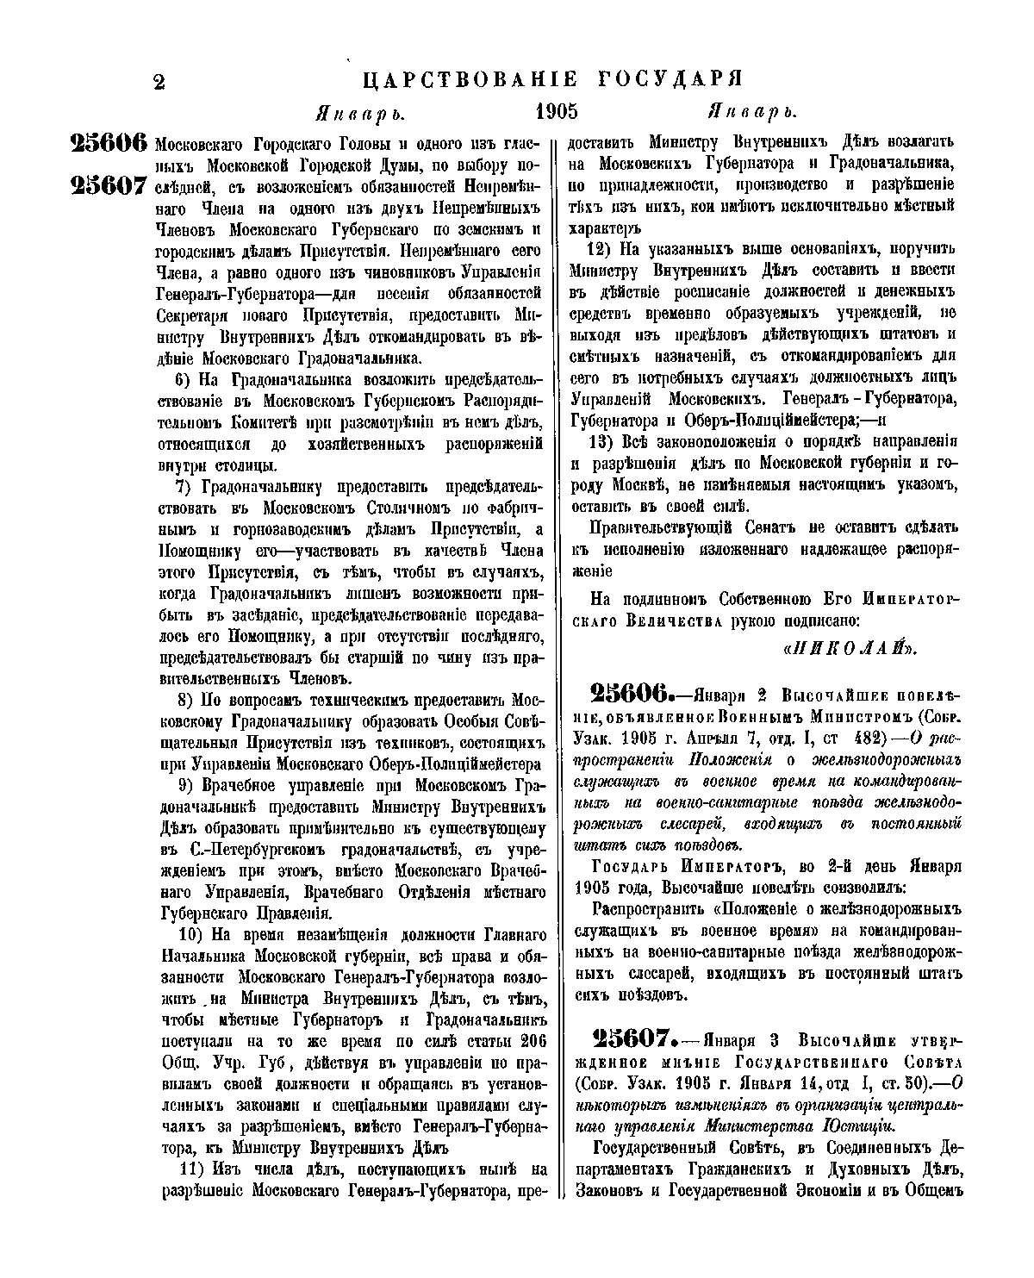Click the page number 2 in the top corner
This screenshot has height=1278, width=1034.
pos(159,82)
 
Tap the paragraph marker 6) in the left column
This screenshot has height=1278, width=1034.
pos(188,381)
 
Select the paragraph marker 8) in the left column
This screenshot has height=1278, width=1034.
pos(188,700)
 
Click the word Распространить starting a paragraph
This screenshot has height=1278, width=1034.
pos(651,909)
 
